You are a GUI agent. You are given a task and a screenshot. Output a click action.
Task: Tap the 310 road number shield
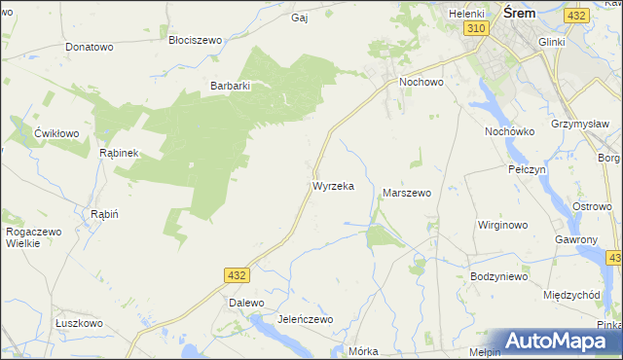(x=475, y=29)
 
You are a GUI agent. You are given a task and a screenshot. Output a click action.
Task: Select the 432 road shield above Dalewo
(x=236, y=276)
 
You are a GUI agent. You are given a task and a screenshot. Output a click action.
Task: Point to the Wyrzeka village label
(x=333, y=185)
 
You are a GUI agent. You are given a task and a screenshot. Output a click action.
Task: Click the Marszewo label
(x=407, y=193)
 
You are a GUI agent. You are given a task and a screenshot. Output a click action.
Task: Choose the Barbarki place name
(x=232, y=86)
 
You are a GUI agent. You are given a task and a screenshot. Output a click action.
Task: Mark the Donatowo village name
(x=90, y=47)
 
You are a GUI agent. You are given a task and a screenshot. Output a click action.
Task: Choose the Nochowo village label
(x=421, y=83)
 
